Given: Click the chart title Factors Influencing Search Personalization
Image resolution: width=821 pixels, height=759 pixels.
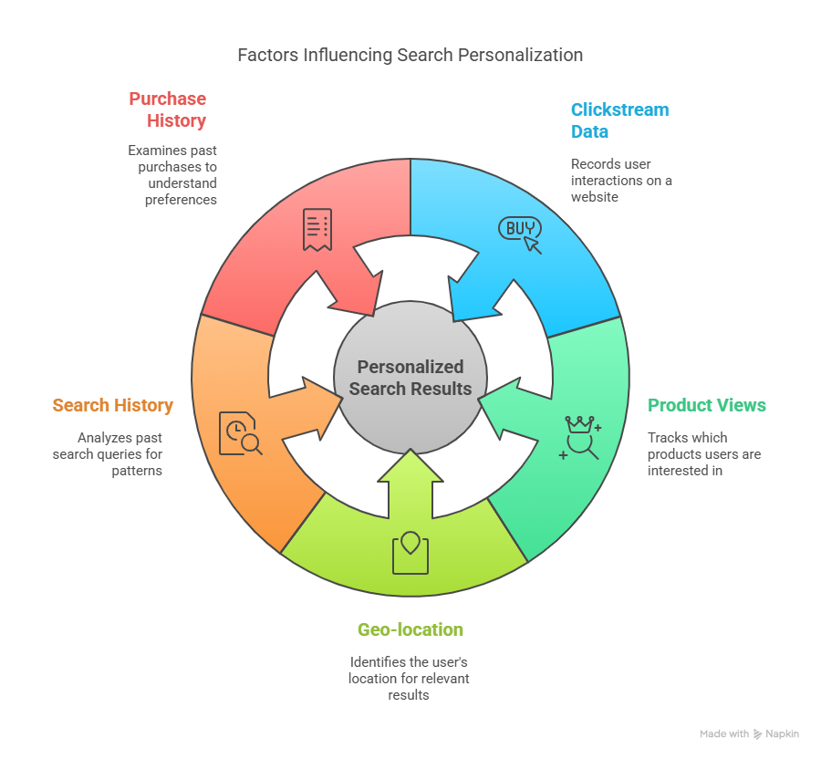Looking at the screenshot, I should click(x=410, y=55).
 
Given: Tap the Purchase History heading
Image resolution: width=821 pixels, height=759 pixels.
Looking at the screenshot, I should click(x=168, y=109).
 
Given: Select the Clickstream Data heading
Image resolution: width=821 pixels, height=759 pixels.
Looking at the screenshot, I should click(x=619, y=120).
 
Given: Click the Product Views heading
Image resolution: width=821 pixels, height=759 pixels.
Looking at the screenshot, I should click(x=707, y=405).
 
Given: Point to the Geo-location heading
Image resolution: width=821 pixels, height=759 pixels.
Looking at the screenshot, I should click(x=410, y=629).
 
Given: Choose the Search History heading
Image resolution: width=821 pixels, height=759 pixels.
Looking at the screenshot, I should click(x=112, y=405).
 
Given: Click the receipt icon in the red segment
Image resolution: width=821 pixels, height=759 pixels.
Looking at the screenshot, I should click(x=317, y=229).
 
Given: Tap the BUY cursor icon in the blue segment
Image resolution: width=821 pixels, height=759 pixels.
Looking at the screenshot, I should click(x=520, y=234).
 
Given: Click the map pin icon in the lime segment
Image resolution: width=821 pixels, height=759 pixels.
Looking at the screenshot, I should click(x=410, y=553).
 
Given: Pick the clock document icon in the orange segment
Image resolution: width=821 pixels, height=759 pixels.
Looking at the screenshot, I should click(x=240, y=433).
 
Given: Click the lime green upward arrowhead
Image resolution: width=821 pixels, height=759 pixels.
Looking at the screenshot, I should click(x=410, y=465).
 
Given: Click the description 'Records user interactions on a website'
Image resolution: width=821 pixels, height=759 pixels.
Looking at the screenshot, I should click(x=621, y=180).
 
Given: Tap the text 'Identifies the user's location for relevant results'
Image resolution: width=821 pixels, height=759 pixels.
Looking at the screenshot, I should click(x=409, y=678).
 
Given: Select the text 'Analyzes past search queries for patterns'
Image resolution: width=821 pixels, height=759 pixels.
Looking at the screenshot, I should click(x=108, y=453).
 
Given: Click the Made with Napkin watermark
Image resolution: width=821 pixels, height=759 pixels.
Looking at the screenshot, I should click(x=749, y=733).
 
